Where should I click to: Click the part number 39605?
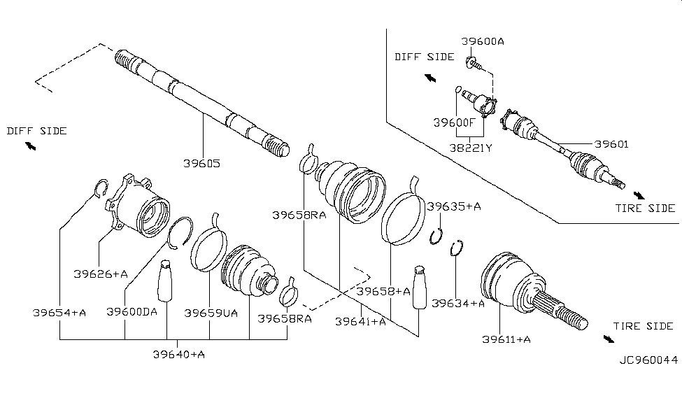coord(202,164)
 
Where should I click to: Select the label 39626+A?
coord(101,274)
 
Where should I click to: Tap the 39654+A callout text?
coord(59,312)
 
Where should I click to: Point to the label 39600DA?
coord(132,312)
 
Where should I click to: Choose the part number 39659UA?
coord(211,312)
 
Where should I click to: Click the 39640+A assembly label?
coord(178,354)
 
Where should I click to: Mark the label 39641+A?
coord(360,321)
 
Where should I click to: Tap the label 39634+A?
coord(458,303)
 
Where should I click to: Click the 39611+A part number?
coord(506,339)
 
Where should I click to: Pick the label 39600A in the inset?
coord(483,41)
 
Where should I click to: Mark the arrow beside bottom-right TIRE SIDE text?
coord(608,339)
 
